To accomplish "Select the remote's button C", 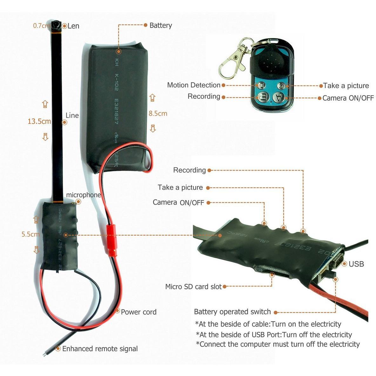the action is [281, 86].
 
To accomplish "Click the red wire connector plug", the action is [111, 240].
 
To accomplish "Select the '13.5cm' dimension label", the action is [39, 121].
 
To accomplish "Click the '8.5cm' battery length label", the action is [158, 113].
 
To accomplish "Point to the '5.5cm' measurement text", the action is [31, 234].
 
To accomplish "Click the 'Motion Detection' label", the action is [193, 85].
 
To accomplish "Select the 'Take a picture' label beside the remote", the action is [346, 86].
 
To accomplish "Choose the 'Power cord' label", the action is [138, 312].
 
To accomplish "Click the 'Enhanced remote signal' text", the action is [100, 349].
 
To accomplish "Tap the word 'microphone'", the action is [84, 195].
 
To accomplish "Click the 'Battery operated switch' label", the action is [232, 312].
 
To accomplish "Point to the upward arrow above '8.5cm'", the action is [152, 98].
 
